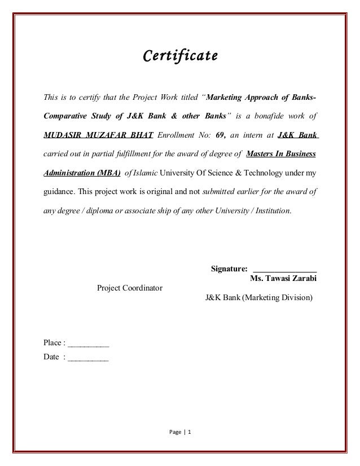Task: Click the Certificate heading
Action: (179, 56)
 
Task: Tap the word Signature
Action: (229, 268)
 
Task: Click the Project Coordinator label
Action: (130, 288)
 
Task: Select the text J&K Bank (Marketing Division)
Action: (258, 297)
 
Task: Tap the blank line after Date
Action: (88, 357)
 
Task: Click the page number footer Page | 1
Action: (180, 433)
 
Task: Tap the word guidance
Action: (59, 191)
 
